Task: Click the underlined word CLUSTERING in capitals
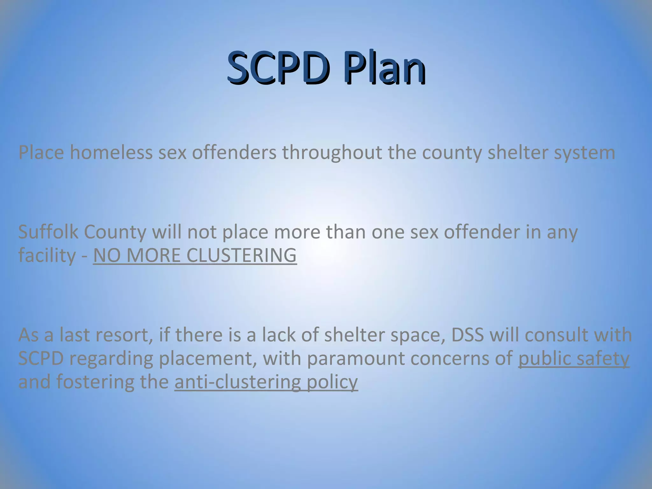click(241, 255)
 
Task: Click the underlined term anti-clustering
click(237, 382)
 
